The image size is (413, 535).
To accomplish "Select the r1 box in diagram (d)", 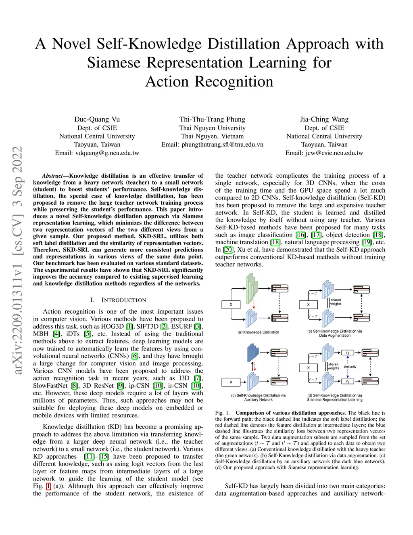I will click(x=347, y=352).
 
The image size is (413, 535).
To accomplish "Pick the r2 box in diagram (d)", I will click(x=347, y=381).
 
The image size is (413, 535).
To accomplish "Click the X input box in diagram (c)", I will click(x=231, y=382).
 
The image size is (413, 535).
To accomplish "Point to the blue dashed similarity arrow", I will click(x=347, y=367).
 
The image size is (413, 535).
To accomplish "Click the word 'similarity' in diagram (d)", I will click(x=350, y=367).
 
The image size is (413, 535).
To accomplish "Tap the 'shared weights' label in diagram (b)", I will click(x=336, y=302).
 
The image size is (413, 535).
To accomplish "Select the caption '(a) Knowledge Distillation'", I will click(x=258, y=332).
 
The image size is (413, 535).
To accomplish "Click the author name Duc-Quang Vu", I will click(x=97, y=119).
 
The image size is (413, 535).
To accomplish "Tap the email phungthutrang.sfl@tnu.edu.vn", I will click(x=212, y=145).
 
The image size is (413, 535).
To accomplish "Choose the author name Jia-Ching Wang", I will click(x=324, y=119).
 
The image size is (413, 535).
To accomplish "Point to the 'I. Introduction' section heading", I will click(x=118, y=300).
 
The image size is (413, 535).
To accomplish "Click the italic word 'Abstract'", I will click(x=52, y=176).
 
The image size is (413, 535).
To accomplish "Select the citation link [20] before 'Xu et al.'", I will click(x=228, y=250).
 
